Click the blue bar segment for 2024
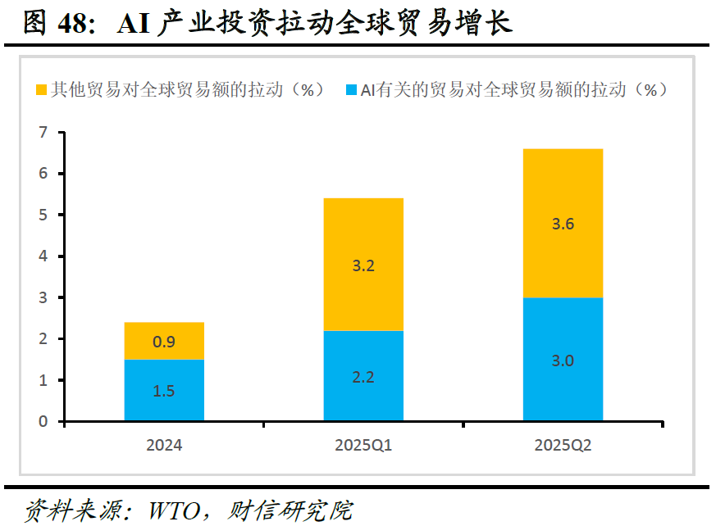[x=164, y=390]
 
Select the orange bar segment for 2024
[x=164, y=341]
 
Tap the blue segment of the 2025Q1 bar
[x=363, y=375]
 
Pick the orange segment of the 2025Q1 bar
[x=363, y=265]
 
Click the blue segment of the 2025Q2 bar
[x=563, y=359]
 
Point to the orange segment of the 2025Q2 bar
[x=563, y=223]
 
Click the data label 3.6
[x=563, y=224]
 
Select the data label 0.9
[x=164, y=342]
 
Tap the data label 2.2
[x=363, y=377]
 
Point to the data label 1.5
[x=164, y=391]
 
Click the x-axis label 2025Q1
[x=363, y=445]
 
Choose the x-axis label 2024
[x=164, y=445]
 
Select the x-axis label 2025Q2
[x=563, y=445]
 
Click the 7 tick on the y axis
[x=43, y=132]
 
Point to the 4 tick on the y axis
[x=43, y=256]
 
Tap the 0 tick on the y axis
[x=43, y=421]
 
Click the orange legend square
[x=41, y=89]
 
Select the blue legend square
[x=351, y=89]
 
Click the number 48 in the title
[x=72, y=23]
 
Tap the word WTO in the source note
[x=175, y=511]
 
